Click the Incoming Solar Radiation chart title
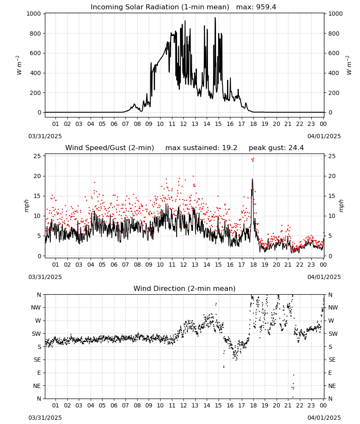pos(160,7)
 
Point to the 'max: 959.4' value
pos(256,7)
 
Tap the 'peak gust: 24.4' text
pos(276,148)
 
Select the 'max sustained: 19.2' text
pos(201,148)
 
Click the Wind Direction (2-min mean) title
pos(185,288)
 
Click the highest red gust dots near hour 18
pos(253,159)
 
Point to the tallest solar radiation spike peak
pos(215,17)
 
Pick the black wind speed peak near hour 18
pos(252,179)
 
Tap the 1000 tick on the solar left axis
pos(34,14)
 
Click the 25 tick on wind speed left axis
pos(37,156)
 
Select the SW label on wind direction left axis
pos(36,334)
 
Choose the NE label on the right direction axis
pos(332,386)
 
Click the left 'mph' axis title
pos(26,206)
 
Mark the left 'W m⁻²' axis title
pos(19,65)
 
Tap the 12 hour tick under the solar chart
pos(184,124)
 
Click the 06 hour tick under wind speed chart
pos(114,265)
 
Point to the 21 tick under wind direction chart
pos(288,405)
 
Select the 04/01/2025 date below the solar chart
pos(324,136)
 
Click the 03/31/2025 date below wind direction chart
pos(45,418)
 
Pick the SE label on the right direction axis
pos(332,360)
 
